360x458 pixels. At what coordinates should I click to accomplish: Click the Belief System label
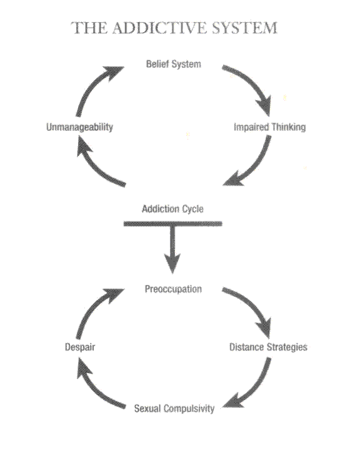click(174, 64)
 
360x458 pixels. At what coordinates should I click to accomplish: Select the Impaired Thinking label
click(269, 127)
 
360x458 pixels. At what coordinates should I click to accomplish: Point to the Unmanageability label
click(79, 127)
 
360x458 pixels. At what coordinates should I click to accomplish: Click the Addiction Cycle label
click(172, 209)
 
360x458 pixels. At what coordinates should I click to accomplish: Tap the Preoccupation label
click(173, 289)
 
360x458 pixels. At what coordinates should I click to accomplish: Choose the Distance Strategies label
click(268, 347)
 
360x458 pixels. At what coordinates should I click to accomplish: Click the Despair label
click(80, 347)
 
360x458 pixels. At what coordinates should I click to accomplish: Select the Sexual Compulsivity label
click(174, 408)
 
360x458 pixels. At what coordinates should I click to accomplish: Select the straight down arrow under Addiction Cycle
click(172, 249)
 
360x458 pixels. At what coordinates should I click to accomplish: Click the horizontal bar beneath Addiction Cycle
click(172, 224)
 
